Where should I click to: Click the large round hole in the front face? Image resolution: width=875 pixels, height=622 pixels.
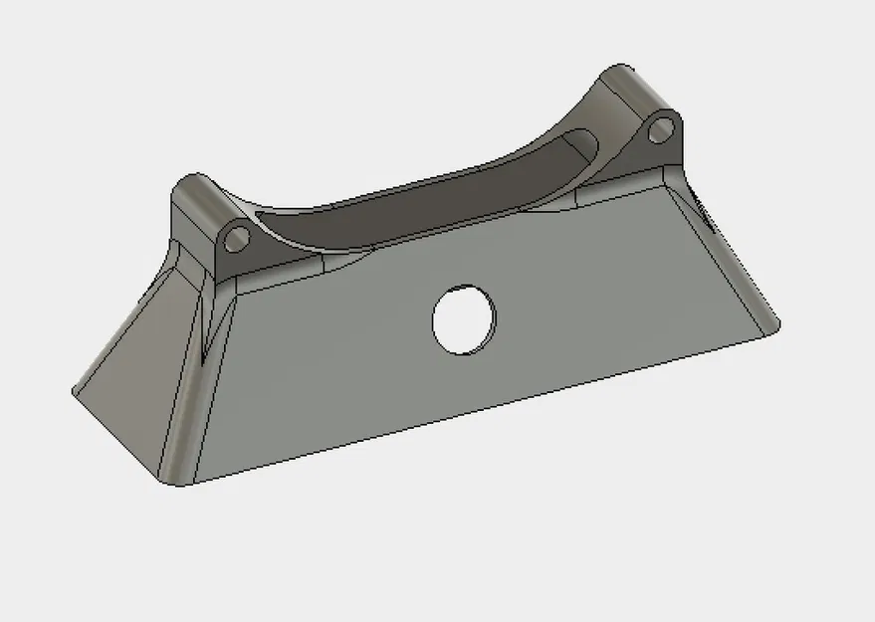point(464,318)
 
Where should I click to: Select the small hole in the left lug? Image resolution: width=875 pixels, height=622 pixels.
point(237,238)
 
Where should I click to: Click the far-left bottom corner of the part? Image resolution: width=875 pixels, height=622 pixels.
point(74,392)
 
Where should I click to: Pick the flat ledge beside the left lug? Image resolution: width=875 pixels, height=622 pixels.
point(289,274)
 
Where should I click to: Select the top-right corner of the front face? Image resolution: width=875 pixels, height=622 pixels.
point(669,182)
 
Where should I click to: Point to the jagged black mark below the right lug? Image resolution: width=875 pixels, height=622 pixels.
point(701,209)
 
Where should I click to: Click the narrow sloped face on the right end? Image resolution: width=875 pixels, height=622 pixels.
point(727,259)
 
